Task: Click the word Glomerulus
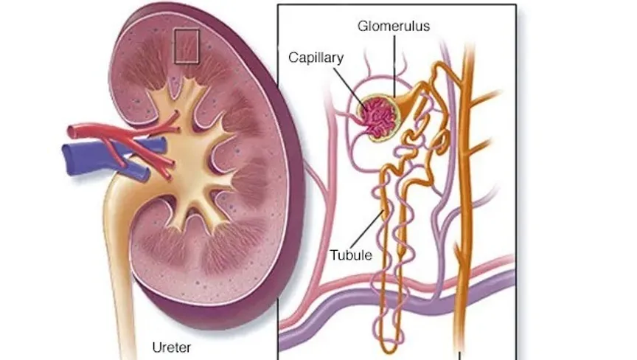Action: point(393,26)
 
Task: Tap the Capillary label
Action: point(316,58)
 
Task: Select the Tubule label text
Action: point(351,255)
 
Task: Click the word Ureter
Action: point(172,347)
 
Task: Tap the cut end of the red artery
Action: point(71,131)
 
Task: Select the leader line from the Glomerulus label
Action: point(394,66)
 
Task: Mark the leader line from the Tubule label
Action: point(367,229)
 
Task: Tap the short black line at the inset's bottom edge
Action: point(460,356)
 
